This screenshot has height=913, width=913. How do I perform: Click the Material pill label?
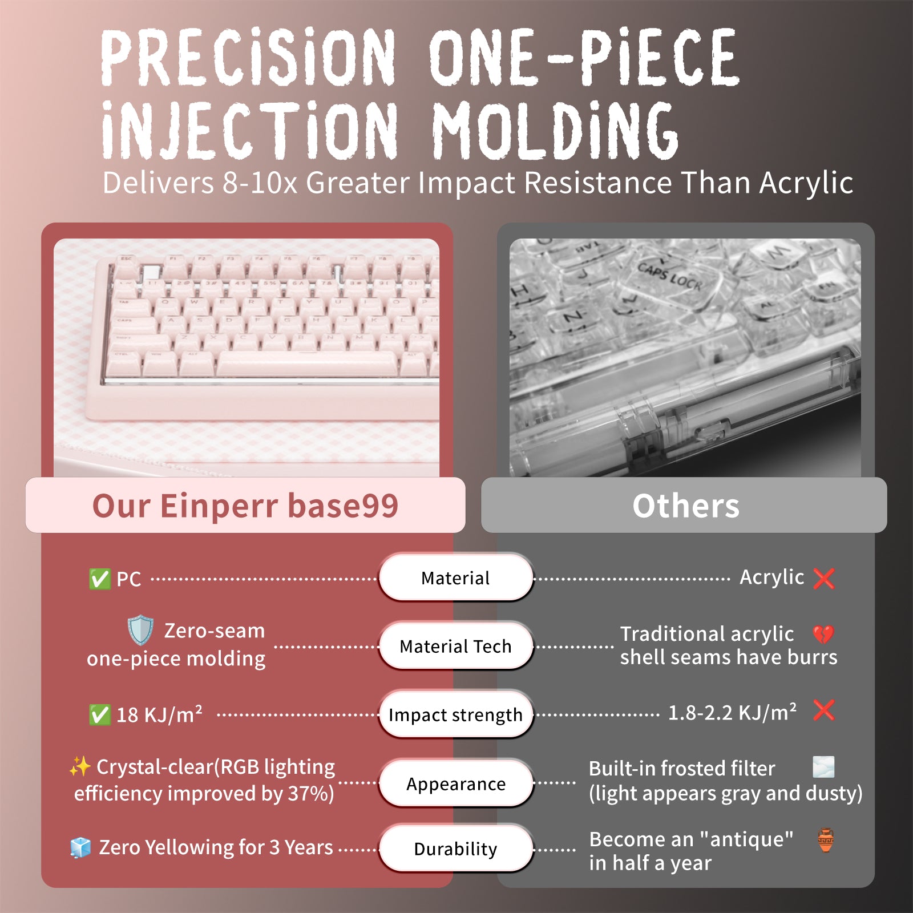click(455, 578)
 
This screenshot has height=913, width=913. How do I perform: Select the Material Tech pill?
click(455, 647)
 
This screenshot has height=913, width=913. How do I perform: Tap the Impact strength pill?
click(455, 715)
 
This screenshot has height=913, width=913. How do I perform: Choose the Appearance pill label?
click(455, 784)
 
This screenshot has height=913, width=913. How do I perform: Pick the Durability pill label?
click(455, 849)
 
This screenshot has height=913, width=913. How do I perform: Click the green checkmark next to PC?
click(100, 579)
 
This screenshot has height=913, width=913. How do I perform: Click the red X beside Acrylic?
click(824, 578)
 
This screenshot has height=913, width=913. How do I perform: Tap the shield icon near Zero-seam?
click(140, 631)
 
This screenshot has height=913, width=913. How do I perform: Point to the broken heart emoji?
click(823, 633)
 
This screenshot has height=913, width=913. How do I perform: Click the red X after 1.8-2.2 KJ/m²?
click(824, 711)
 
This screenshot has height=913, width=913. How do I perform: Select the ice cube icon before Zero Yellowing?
click(80, 848)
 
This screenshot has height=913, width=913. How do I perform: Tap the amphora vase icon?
click(826, 840)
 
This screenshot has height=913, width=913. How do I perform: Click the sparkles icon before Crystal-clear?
click(80, 767)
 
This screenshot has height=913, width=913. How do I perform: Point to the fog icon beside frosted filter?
click(823, 767)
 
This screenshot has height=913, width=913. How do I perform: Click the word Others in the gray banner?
click(685, 506)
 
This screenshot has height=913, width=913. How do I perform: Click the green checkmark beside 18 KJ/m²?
click(100, 715)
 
